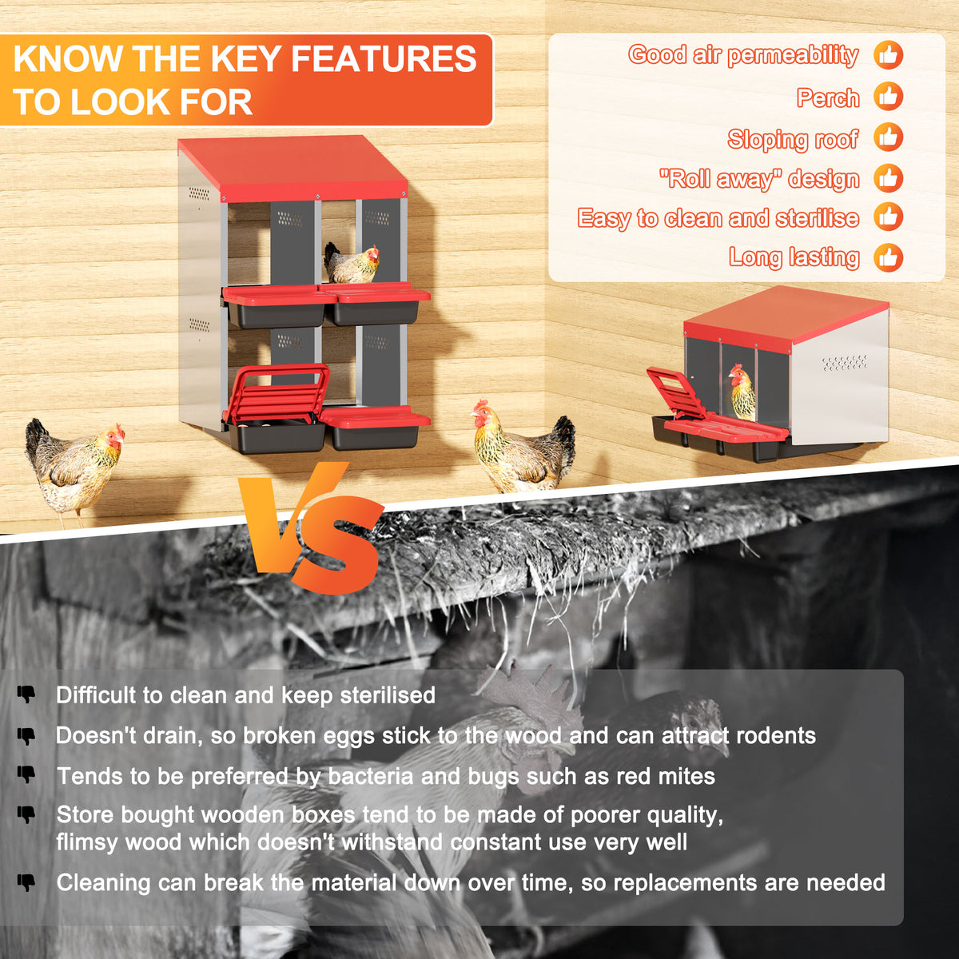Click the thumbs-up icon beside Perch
point(889,96)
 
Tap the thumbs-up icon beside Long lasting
point(889,257)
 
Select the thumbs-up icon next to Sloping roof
point(889,137)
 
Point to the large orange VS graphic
point(311,527)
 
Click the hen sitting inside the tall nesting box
point(352,263)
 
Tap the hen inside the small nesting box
point(742,392)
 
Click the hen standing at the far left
point(74,470)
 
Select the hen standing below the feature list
point(523,447)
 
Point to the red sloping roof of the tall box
point(292,168)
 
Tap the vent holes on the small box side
point(845,363)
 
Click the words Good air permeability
point(743,55)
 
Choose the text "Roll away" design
point(759,179)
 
